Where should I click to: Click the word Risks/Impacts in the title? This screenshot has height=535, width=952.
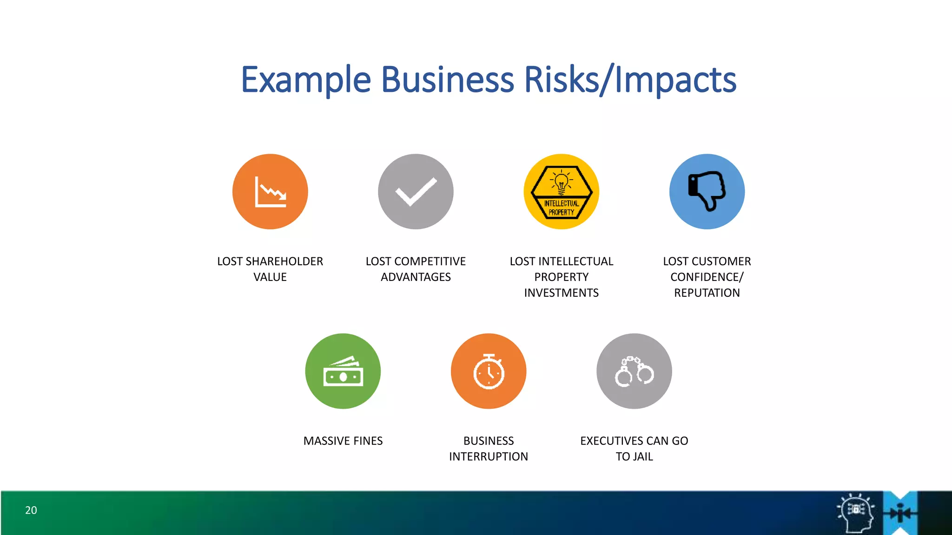(x=630, y=80)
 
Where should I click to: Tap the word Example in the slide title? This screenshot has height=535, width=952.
(x=306, y=80)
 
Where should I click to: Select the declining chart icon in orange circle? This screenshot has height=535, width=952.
(x=270, y=191)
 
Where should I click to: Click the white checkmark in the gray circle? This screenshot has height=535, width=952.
(x=416, y=191)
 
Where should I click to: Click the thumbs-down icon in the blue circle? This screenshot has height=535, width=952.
(x=707, y=190)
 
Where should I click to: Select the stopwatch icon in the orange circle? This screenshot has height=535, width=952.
(x=489, y=372)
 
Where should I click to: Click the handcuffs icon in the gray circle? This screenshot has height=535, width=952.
(x=634, y=372)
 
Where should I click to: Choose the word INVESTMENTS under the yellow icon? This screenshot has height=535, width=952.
(x=562, y=293)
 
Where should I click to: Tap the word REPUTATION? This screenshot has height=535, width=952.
(x=707, y=293)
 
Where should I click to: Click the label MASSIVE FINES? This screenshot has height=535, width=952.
(x=343, y=441)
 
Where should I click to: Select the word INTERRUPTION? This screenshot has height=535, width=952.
(x=489, y=457)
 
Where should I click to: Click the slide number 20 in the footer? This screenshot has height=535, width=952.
(x=31, y=510)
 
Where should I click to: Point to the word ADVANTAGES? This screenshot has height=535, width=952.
(x=416, y=277)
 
